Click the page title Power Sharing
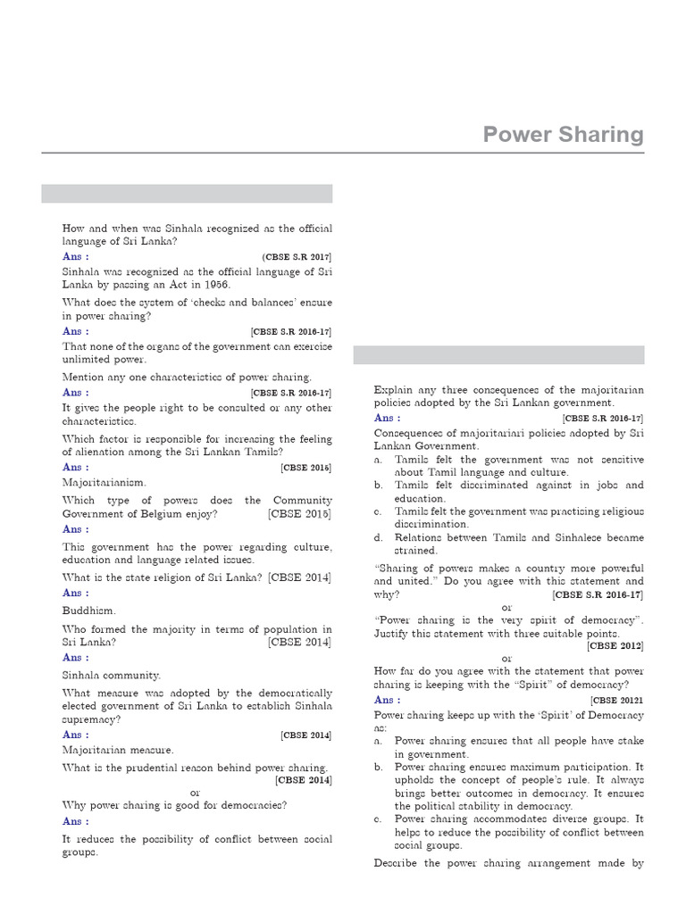click(x=563, y=134)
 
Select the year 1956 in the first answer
click(x=215, y=284)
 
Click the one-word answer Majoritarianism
click(x=104, y=482)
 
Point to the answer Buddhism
click(x=88, y=611)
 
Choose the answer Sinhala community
click(x=112, y=676)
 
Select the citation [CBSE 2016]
click(x=305, y=467)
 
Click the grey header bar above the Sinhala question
click(x=187, y=194)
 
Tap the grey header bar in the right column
click(x=498, y=355)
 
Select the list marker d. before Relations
click(x=379, y=537)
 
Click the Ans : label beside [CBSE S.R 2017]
click(x=75, y=256)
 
